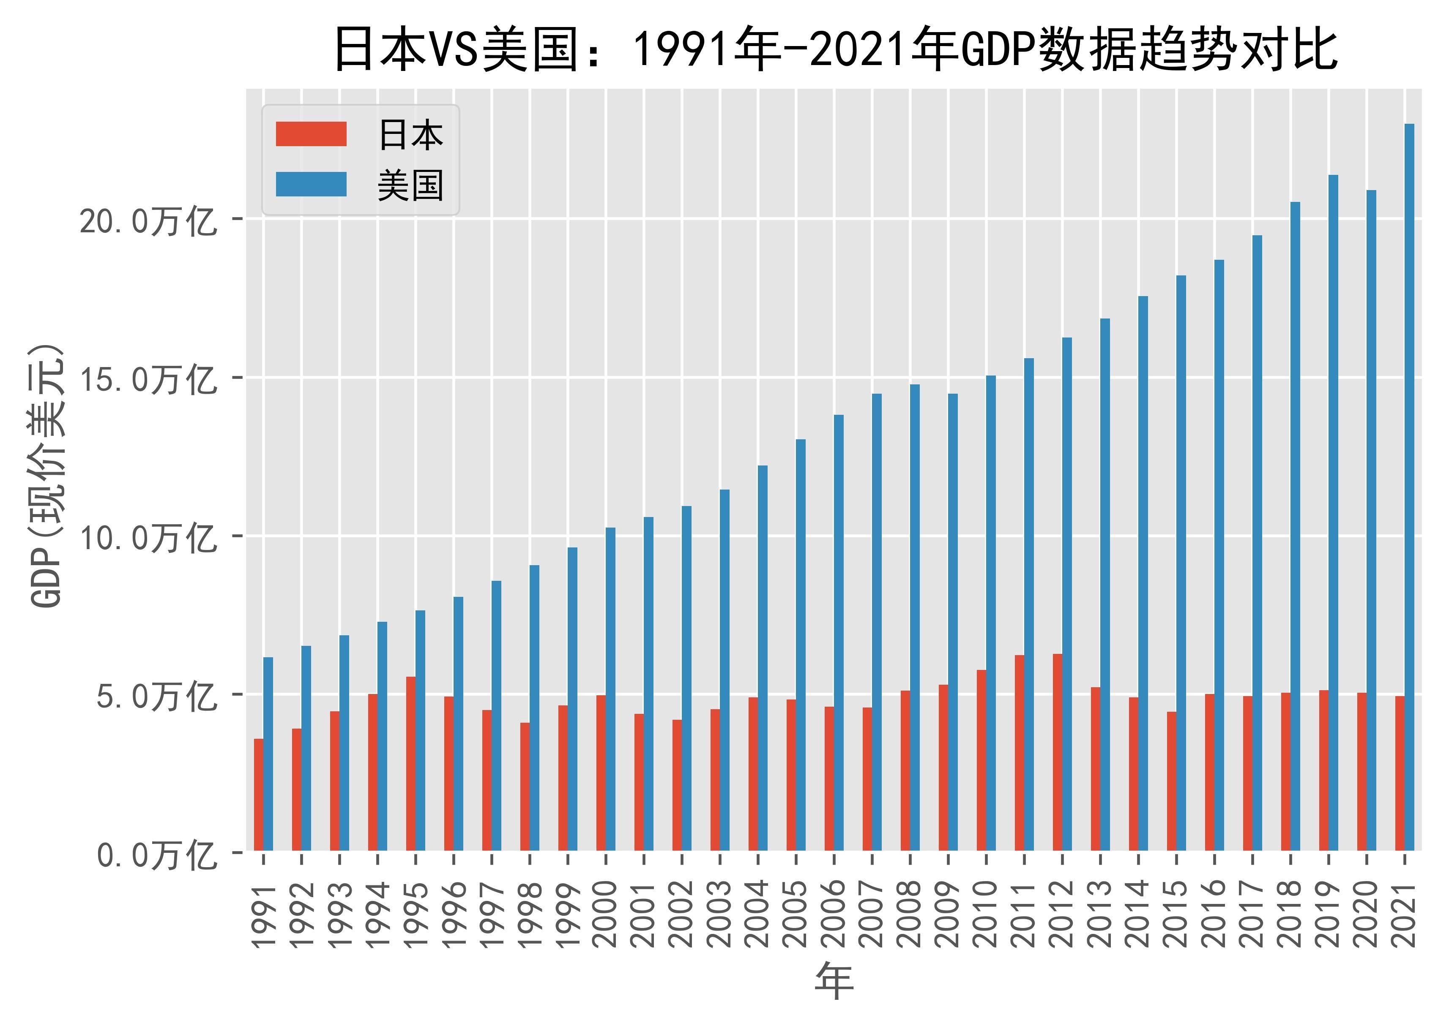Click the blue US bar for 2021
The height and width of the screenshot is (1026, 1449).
pyautogui.click(x=1409, y=487)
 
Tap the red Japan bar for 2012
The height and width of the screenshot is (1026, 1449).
pyautogui.click(x=1058, y=752)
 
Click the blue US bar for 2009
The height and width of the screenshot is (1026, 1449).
pyautogui.click(x=953, y=622)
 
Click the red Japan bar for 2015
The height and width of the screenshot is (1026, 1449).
pyautogui.click(x=1171, y=781)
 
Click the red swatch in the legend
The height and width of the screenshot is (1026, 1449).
pyautogui.click(x=311, y=134)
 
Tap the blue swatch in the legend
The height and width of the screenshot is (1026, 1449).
pyautogui.click(x=311, y=185)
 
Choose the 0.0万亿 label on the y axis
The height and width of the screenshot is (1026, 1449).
pyautogui.click(x=157, y=854)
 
